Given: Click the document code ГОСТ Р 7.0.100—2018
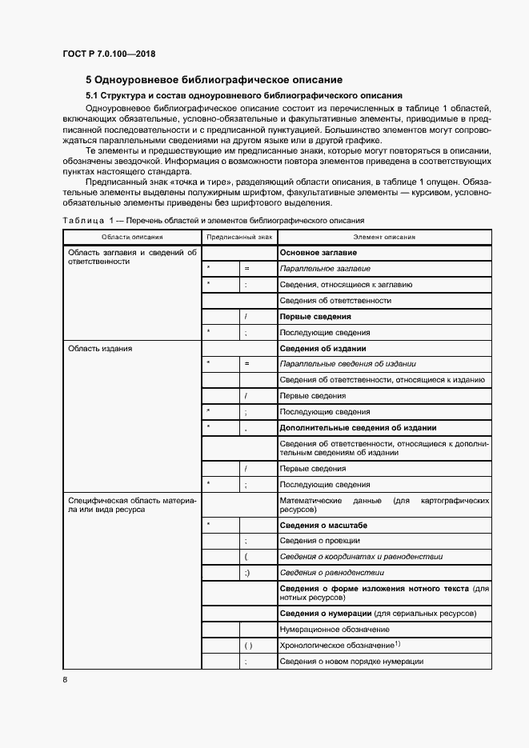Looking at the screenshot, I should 109,54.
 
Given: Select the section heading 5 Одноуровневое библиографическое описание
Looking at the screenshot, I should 214,79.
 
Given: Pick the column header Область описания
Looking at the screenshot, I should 132,237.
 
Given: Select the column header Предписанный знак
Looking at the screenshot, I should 238,237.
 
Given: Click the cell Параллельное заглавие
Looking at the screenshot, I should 325,268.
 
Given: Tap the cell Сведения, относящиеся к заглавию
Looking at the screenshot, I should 347,284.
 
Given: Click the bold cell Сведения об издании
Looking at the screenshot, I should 323,349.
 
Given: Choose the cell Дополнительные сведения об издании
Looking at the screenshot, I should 358,428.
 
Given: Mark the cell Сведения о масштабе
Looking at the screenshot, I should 323,525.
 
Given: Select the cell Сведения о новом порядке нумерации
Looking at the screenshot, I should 351,662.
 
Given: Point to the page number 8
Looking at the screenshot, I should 65,680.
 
